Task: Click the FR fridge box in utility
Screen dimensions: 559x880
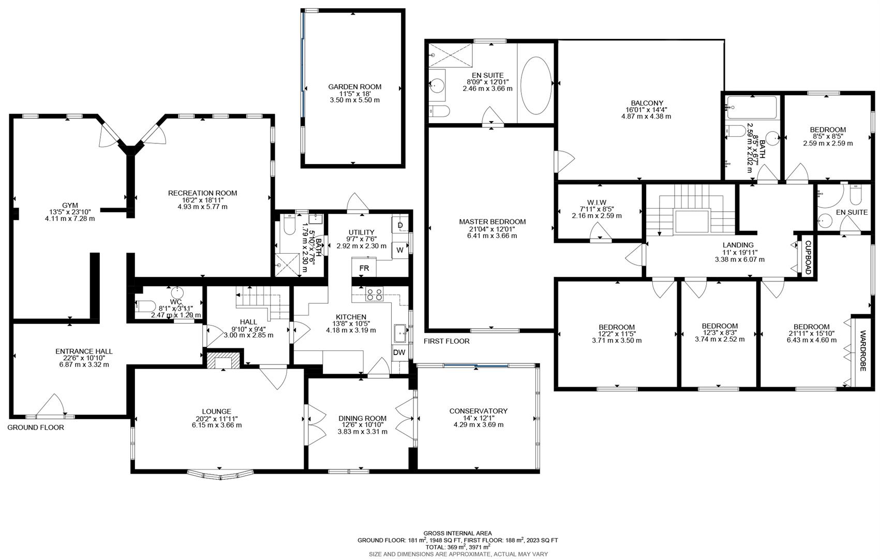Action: (364, 268)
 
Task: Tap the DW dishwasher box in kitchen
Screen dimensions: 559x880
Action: (399, 352)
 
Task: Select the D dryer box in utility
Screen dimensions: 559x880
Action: (400, 226)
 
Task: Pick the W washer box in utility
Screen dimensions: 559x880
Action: (400, 250)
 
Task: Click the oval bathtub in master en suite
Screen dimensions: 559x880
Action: (536, 85)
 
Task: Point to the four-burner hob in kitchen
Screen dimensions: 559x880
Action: (375, 295)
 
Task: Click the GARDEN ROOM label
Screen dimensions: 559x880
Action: (354, 87)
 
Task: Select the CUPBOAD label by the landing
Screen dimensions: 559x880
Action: (808, 257)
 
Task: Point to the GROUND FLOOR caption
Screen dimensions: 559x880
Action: (36, 428)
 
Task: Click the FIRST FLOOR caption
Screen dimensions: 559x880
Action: (446, 341)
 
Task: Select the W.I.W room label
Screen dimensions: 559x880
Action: (596, 202)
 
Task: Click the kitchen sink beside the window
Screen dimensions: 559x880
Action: (400, 333)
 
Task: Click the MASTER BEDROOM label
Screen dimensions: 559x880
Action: (492, 222)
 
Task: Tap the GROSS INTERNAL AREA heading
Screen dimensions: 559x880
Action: (457, 533)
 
